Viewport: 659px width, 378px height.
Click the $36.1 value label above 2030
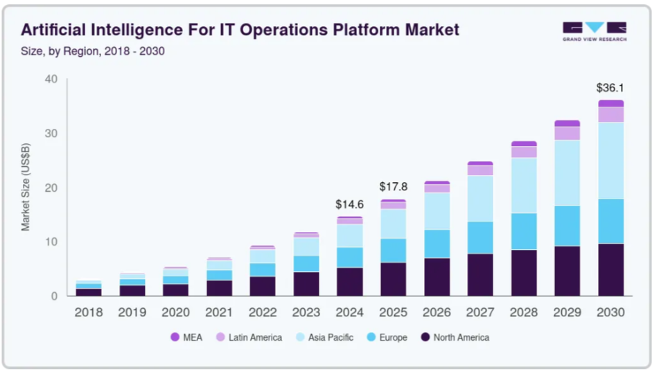610,88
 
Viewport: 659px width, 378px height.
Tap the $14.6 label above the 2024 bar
349,205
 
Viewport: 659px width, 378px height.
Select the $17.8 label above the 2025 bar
393,187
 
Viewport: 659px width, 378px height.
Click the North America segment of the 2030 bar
610,269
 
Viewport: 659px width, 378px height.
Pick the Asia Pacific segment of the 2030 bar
610,160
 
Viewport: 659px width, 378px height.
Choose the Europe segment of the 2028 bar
523,231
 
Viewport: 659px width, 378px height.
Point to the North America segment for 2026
437,277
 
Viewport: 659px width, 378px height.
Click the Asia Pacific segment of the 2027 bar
480,198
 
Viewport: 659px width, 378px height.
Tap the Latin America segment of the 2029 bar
567,133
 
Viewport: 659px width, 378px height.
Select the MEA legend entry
187,337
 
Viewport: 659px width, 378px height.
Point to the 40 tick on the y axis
51,79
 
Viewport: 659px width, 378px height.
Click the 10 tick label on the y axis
51,242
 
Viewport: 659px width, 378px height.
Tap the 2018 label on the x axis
89,312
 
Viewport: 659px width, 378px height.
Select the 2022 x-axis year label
263,312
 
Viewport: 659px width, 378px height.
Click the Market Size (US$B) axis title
26,188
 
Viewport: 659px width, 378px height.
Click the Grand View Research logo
594,31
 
